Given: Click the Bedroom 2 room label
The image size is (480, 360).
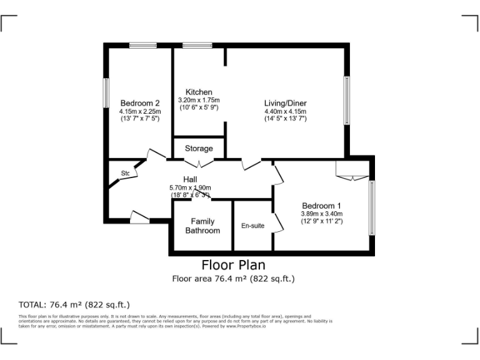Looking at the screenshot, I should point(140,103).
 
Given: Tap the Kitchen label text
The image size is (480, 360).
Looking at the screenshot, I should point(199,92).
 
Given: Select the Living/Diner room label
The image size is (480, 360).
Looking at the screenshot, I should point(285,103).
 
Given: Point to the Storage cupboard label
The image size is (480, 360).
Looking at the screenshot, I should point(199,148).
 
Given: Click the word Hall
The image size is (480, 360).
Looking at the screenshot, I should point(191,179).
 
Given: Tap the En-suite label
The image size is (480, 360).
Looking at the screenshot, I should point(252,226).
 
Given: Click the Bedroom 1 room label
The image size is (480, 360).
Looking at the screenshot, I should point(322,206).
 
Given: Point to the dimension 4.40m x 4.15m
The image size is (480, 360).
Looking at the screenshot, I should point(285,111).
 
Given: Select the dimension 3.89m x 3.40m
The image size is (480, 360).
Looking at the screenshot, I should point(322,214).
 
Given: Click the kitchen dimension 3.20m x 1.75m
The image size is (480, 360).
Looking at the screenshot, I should point(199,100).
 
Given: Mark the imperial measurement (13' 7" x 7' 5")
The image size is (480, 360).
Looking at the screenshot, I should point(140,118).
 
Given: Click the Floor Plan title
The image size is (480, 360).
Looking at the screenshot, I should point(233,264).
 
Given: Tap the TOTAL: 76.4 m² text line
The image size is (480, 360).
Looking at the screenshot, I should point(74,305).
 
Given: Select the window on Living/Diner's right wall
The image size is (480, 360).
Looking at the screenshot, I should point(345,101).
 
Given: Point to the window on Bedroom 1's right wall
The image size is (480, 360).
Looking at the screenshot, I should point(372,208).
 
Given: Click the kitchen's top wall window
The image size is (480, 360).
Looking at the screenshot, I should point(197,45).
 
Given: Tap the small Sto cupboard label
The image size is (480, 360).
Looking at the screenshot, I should point(125,173).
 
